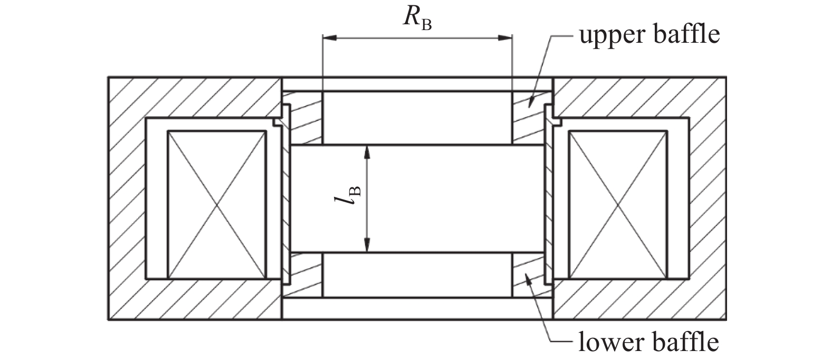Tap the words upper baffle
(648, 35)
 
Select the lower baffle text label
(648, 342)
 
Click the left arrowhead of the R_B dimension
(328, 37)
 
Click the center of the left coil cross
(216, 204)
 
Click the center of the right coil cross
(617, 204)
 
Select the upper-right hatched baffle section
(530, 117)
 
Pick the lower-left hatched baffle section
(303, 274)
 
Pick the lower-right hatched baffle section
(530, 274)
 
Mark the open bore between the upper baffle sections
(417, 117)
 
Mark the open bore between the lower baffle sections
(417, 274)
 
